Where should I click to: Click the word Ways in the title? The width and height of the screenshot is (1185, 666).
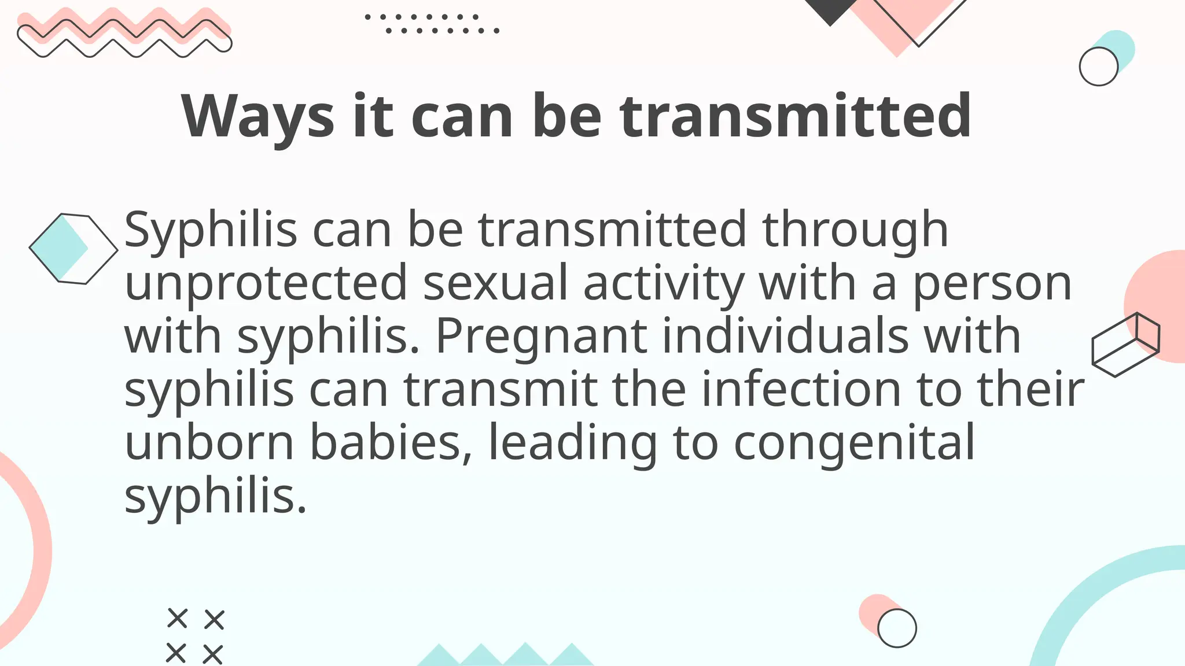[x=258, y=117]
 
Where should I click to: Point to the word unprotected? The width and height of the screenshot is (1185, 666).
[x=266, y=283]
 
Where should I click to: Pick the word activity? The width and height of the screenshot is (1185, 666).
[x=663, y=283]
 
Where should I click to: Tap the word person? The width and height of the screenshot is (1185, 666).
[x=992, y=283]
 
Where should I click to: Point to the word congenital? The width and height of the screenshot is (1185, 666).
[x=854, y=443]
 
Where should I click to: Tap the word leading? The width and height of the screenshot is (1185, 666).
[x=573, y=443]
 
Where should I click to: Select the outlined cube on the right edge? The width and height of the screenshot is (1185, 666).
[x=1125, y=345]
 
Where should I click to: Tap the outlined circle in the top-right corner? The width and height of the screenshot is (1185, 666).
[x=1098, y=66]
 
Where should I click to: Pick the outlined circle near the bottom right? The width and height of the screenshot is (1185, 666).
[x=897, y=628]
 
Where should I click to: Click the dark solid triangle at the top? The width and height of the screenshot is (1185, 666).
[x=831, y=10]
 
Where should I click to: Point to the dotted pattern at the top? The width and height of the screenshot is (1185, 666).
[x=432, y=24]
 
